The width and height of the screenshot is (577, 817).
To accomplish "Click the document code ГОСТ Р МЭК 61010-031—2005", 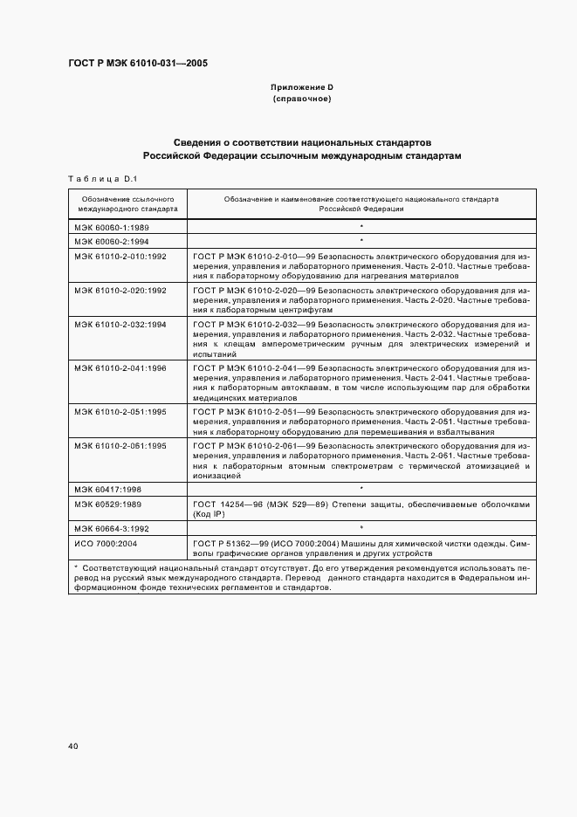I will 138,64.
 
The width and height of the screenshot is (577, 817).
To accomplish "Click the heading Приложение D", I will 302,88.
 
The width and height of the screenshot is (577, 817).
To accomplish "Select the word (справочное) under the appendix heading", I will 302,100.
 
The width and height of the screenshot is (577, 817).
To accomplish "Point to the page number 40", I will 73,746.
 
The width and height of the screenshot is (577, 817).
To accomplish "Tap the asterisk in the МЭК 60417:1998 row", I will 361,487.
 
